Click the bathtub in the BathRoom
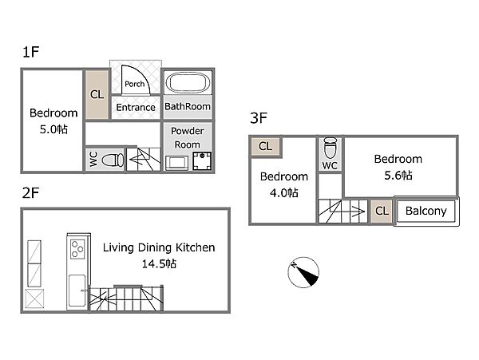(188, 82)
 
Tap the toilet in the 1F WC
(113, 160)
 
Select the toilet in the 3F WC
(330, 147)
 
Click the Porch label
(134, 84)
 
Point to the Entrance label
(136, 108)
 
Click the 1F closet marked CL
(97, 95)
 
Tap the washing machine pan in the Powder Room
(202, 161)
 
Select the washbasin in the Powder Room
(177, 163)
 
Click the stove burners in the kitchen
(77, 249)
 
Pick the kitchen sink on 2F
(77, 291)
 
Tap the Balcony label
(426, 211)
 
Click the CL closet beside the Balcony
(382, 211)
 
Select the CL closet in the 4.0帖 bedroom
(265, 146)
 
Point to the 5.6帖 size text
(398, 176)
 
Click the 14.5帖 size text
(159, 264)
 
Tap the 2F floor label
(30, 193)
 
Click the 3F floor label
(259, 118)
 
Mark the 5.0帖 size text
(53, 129)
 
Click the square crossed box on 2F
(34, 299)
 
